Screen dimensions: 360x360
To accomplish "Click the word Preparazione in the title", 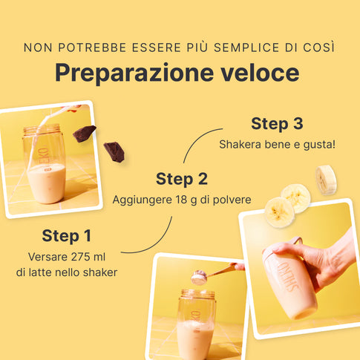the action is tap(134, 73).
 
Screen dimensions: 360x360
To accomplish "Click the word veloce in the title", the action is tap(260, 73).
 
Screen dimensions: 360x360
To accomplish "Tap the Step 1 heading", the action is tap(67, 235).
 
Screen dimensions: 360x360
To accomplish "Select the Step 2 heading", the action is tap(182, 179).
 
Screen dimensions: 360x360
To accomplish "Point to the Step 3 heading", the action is tap(277, 123).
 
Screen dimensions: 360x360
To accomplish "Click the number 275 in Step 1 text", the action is tap(75, 257).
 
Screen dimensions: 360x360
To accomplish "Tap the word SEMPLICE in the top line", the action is tap(246, 48).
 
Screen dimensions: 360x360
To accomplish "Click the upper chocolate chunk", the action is tap(84, 134).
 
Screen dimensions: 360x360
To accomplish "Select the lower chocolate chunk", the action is tap(114, 152).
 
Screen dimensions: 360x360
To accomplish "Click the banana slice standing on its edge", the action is tap(326, 180).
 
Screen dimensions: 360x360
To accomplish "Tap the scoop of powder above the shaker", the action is tap(199, 278).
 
